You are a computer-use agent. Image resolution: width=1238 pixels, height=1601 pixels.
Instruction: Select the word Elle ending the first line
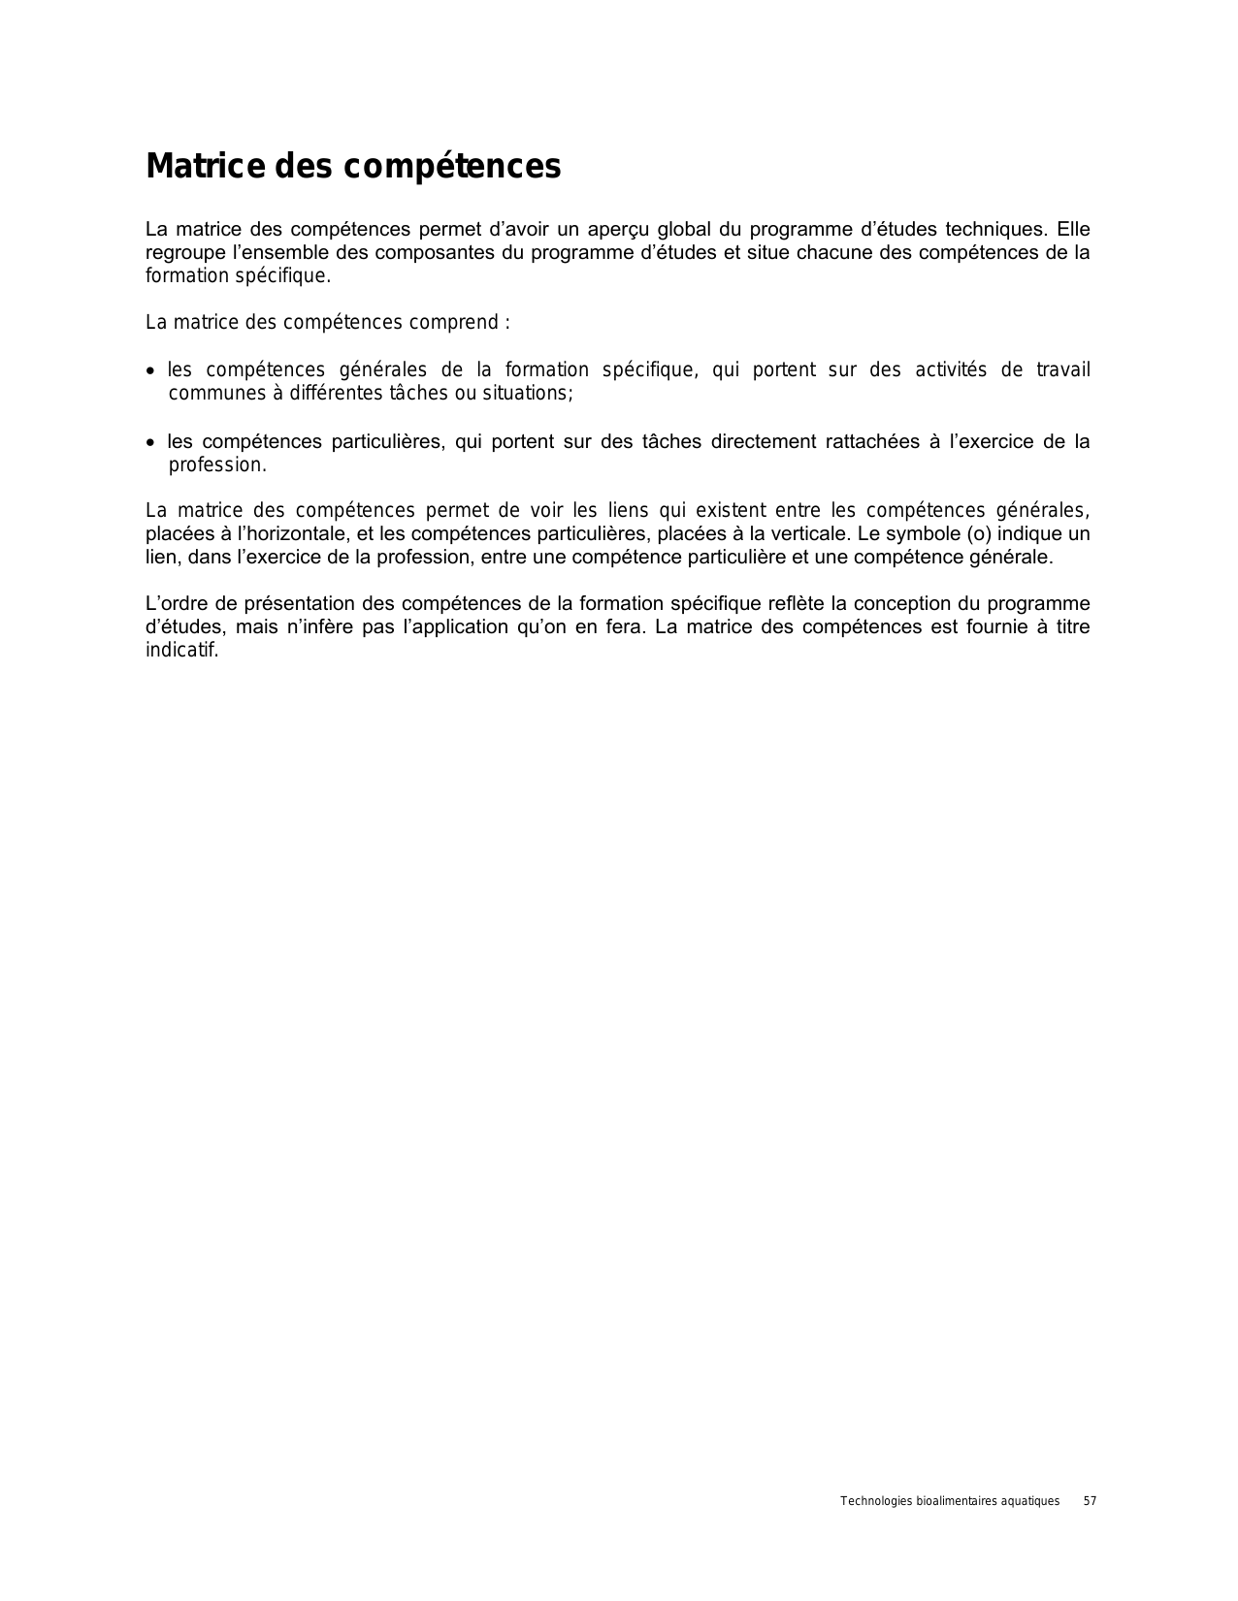tap(1073, 230)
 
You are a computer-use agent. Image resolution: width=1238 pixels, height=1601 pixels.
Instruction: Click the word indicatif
tap(181, 650)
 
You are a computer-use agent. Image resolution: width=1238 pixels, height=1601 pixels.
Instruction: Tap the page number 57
tap(1090, 1501)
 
